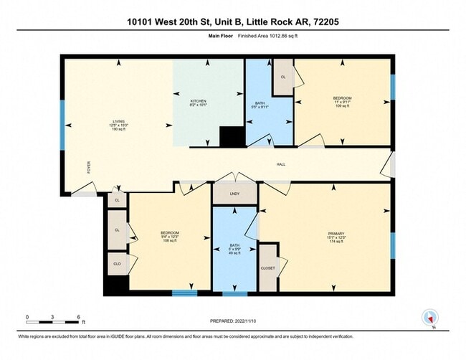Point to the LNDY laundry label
234,194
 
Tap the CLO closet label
117,264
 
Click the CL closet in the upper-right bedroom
282,77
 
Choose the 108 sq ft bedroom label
169,237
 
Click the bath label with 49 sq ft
234,250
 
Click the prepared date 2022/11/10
232,321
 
